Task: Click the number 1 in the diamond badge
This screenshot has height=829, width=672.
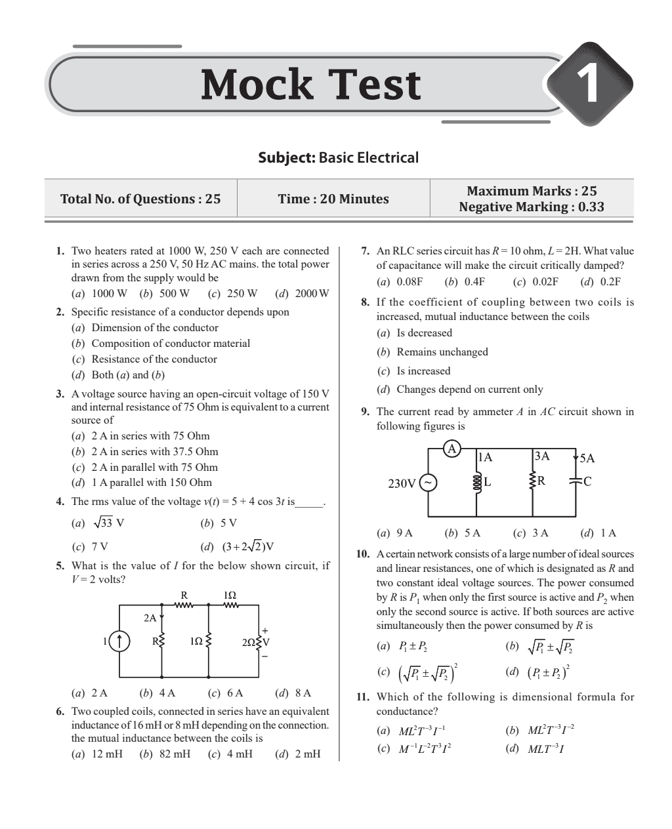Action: pos(590,86)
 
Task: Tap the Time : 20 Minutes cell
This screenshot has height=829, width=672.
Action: pos(333,199)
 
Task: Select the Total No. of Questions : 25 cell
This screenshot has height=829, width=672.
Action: pos(140,199)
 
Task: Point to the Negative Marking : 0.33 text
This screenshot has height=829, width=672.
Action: pos(532,207)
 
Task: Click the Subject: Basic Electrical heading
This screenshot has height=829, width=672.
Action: pos(338,157)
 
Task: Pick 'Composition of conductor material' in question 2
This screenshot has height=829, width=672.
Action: pos(171,343)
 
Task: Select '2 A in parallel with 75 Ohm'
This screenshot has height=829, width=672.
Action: pos(154,467)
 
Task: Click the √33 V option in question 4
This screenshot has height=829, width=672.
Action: pos(99,523)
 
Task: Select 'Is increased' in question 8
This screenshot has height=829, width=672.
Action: pos(423,371)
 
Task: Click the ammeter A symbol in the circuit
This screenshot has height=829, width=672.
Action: pos(451,449)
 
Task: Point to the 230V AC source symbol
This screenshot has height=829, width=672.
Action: pos(427,483)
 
